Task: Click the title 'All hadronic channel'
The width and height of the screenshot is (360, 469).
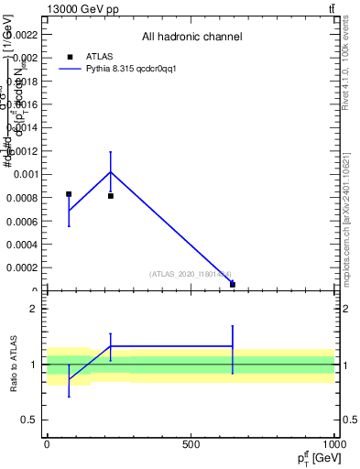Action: [191, 38]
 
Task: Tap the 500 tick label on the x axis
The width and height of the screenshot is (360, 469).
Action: [191, 444]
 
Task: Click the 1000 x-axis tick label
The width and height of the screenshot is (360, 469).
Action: [333, 444]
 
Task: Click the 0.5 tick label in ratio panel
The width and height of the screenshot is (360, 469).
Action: [30, 420]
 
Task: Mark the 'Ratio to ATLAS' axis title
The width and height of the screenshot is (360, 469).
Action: [15, 365]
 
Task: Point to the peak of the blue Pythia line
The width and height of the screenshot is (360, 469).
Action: [111, 171]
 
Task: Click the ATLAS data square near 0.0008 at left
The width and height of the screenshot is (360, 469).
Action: [69, 194]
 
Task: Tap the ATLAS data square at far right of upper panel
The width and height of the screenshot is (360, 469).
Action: [233, 284]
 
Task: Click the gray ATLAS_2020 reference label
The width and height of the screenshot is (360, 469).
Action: [191, 274]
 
